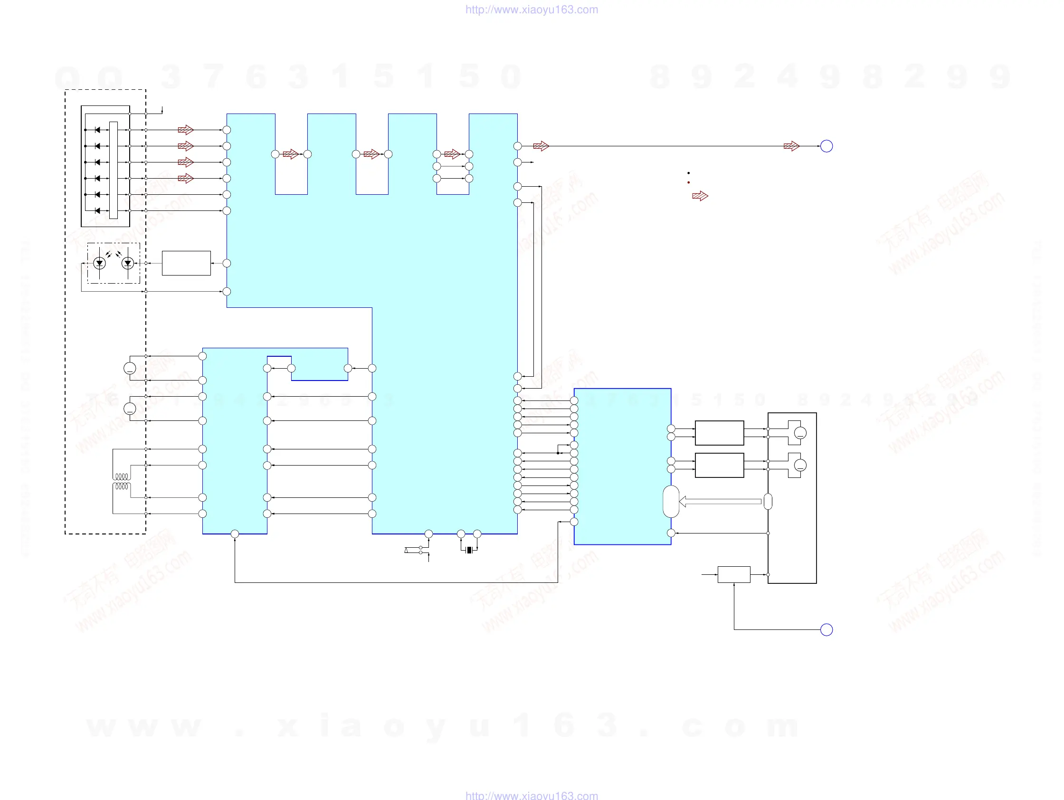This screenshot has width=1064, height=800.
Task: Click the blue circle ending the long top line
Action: tap(826, 146)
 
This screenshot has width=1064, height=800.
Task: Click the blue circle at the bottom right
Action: tap(826, 629)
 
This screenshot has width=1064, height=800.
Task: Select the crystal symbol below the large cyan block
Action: tap(469, 550)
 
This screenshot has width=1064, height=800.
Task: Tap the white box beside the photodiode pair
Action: tap(186, 263)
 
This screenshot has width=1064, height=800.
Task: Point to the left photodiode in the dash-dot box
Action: tap(100, 263)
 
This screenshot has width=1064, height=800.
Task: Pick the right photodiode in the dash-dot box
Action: tap(127, 263)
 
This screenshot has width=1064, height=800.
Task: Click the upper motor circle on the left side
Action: tap(130, 368)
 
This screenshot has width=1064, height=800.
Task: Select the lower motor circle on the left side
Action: tap(130, 409)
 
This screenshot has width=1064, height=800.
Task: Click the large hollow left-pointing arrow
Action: tap(719, 501)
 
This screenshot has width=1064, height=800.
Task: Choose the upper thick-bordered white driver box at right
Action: tap(719, 432)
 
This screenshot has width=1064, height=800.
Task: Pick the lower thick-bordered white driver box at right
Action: tap(719, 465)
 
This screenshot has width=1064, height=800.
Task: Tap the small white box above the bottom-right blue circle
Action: tap(733, 574)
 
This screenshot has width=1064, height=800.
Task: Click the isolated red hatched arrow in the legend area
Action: tap(700, 196)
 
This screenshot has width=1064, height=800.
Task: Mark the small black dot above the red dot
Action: tap(688, 173)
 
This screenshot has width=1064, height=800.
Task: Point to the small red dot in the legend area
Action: tap(688, 182)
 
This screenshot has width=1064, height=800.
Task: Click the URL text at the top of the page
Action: tap(532, 10)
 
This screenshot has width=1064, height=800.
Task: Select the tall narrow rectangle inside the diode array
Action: tap(114, 170)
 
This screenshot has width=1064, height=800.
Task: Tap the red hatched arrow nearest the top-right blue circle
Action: tap(791, 146)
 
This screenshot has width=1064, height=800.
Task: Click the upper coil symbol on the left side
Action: tap(122, 476)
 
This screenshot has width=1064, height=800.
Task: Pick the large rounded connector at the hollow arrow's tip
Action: tap(671, 501)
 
